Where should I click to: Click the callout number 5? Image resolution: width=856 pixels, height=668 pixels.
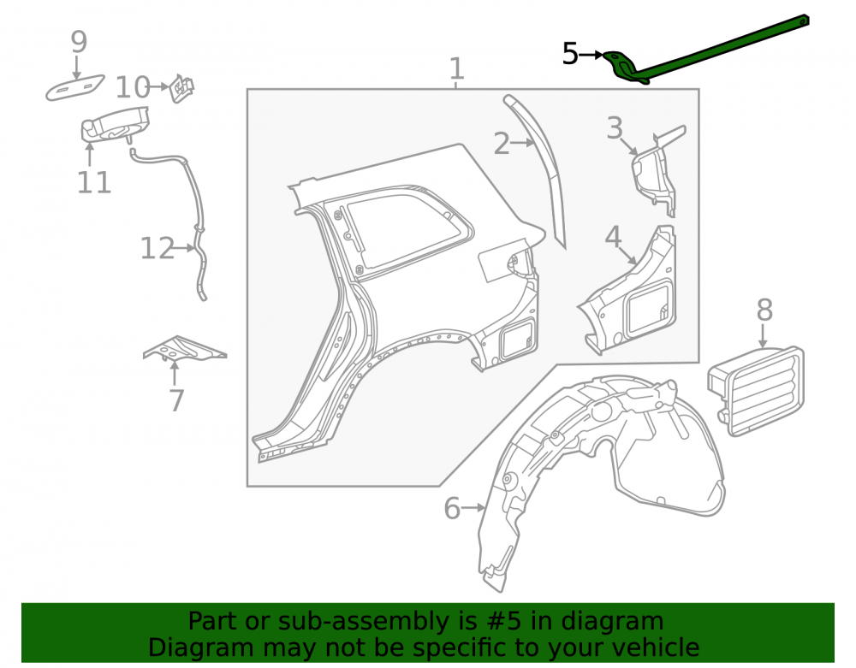pyautogui.click(x=570, y=54)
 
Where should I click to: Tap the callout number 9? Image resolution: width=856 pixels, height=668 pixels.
pyautogui.click(x=79, y=41)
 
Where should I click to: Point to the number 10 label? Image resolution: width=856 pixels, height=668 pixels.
pyautogui.click(x=133, y=86)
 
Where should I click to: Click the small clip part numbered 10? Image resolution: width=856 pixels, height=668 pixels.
pyautogui.click(x=181, y=88)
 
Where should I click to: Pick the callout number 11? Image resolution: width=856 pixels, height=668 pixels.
pyautogui.click(x=94, y=182)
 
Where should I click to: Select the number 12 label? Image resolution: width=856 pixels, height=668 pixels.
pyautogui.click(x=158, y=248)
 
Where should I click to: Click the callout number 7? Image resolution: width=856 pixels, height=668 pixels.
pyautogui.click(x=176, y=400)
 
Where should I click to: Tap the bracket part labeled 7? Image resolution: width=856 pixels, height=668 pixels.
pyautogui.click(x=185, y=348)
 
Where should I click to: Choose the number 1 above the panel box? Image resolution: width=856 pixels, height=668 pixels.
pyautogui.click(x=457, y=69)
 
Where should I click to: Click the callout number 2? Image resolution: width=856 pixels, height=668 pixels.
pyautogui.click(x=501, y=144)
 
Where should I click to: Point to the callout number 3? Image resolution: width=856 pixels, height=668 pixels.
pyautogui.click(x=615, y=128)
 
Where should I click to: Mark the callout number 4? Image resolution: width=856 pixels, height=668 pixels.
pyautogui.click(x=613, y=237)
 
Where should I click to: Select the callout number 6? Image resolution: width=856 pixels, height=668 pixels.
pyautogui.click(x=452, y=508)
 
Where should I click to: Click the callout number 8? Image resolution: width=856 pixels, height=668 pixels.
pyautogui.click(x=764, y=310)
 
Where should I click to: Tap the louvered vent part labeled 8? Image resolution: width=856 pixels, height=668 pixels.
pyautogui.click(x=756, y=391)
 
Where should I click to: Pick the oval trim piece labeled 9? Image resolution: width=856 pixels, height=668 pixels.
pyautogui.click(x=74, y=87)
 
